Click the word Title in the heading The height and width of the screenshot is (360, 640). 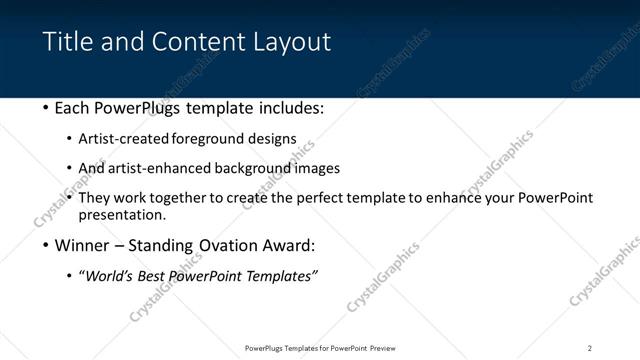[x=65, y=41]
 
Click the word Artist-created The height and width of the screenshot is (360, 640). [x=124, y=139]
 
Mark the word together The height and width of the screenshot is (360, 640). [x=175, y=198]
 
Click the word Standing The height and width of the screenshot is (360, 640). [x=167, y=244]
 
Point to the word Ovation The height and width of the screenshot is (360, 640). [x=237, y=244]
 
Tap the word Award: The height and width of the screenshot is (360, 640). [x=296, y=244]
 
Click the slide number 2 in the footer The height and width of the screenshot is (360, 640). [x=590, y=348]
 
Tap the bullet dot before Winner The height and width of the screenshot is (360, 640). [x=46, y=245]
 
